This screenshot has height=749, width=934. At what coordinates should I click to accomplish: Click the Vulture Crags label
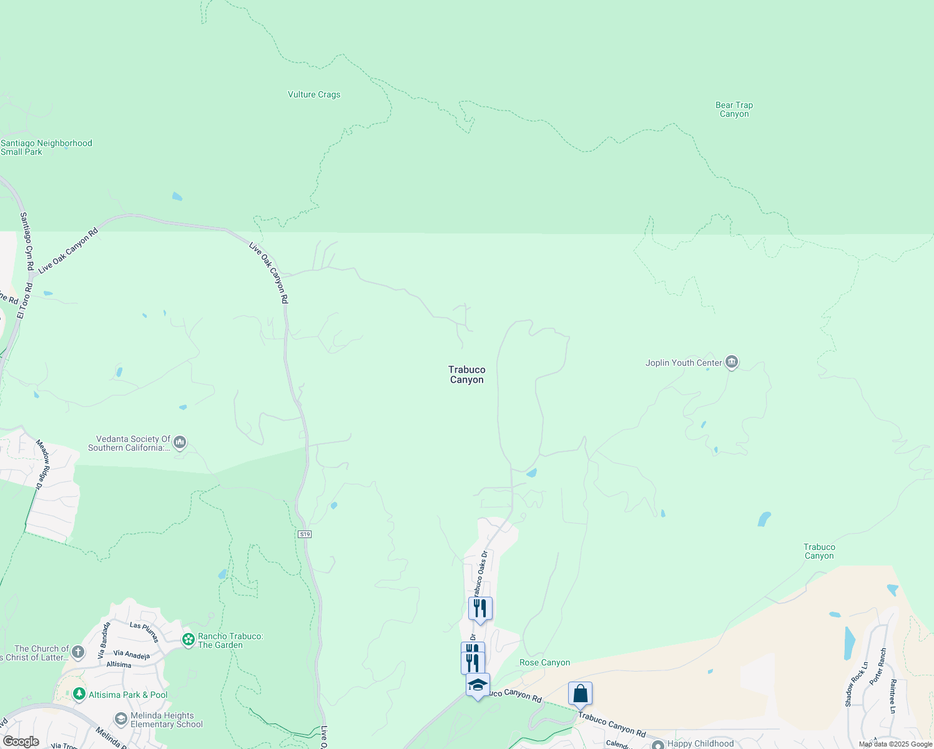(314, 95)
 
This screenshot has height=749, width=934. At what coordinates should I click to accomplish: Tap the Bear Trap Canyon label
(734, 109)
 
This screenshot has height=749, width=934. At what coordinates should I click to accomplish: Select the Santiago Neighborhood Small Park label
(46, 147)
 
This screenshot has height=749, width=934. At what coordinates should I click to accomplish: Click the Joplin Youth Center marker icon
(732, 362)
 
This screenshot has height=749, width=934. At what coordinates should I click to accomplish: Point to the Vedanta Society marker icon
(180, 443)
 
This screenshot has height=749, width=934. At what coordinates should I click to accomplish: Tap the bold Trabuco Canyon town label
(467, 374)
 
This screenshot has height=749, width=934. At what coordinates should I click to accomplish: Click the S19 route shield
(304, 534)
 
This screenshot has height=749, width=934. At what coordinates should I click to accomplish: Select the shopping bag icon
(580, 693)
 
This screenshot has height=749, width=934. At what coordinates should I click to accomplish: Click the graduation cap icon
(478, 685)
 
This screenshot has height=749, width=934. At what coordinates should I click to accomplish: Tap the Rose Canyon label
(545, 662)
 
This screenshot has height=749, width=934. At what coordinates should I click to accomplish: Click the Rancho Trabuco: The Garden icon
(188, 640)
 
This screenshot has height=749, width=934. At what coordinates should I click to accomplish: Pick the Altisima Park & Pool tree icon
(79, 694)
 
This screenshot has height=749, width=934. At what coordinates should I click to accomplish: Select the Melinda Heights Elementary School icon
(121, 719)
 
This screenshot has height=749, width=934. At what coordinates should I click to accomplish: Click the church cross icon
(77, 652)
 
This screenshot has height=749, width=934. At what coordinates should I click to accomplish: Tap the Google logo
(21, 742)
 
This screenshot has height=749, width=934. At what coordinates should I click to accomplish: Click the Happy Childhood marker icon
(657, 745)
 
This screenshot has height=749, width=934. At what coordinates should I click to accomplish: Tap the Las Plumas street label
(145, 632)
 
